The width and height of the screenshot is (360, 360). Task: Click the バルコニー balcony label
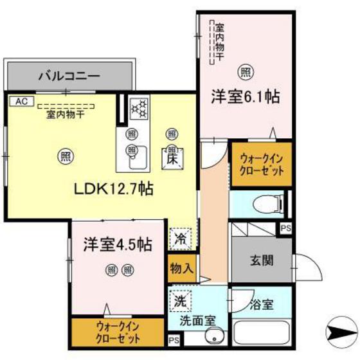(x=69, y=76)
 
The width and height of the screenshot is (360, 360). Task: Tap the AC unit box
(x=21, y=101)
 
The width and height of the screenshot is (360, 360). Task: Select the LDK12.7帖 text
(x=113, y=190)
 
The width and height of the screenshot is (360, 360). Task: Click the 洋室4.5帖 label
(x=117, y=244)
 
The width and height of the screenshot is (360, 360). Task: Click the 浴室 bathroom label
(x=262, y=305)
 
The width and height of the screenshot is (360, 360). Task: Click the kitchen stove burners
(x=139, y=109)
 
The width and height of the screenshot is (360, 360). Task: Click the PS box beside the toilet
(x=285, y=228)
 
